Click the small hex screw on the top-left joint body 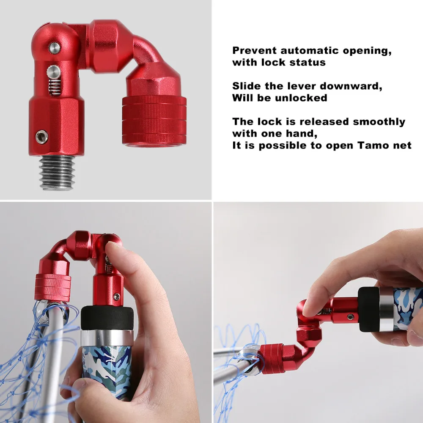pyautogui.click(x=41, y=136)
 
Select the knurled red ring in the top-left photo pyautogui.click(x=154, y=121)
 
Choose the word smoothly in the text pyautogui.click(x=379, y=122)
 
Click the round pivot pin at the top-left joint pyautogui.click(x=54, y=48)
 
